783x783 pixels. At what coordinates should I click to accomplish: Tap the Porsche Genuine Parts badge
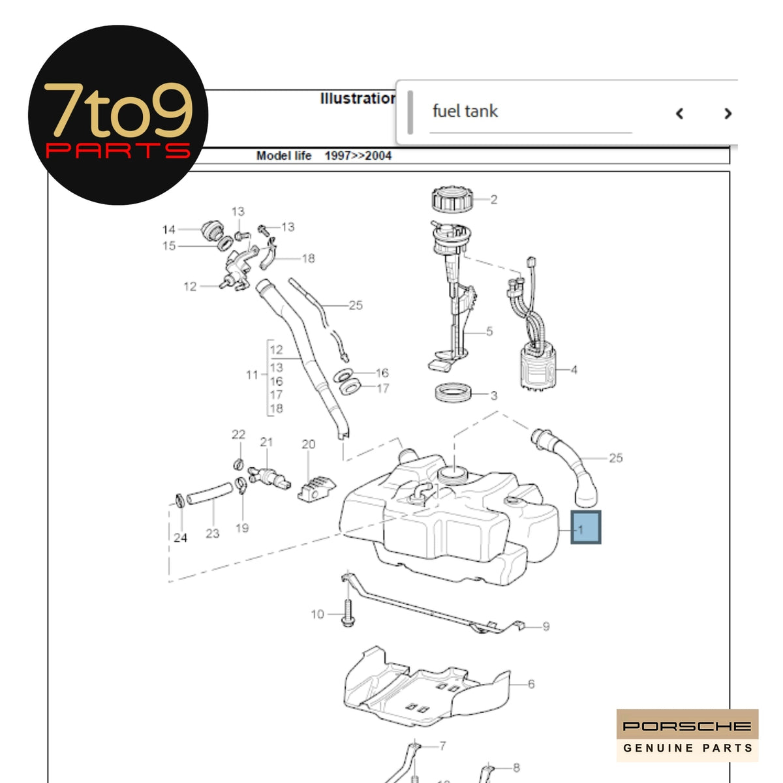pos(687,735)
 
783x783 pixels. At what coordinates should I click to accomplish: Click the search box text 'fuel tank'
pos(465,112)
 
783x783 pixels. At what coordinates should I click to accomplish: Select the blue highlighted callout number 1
pos(585,528)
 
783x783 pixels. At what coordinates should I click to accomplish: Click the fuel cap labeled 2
pos(451,199)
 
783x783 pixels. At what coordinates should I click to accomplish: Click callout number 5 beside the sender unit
pos(489,331)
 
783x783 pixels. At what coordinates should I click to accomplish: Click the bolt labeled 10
pos(347,613)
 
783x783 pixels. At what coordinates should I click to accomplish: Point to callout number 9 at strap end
pos(545,626)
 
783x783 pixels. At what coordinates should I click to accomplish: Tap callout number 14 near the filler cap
pos(169,230)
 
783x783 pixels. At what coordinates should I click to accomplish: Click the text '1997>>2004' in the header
pos(358,156)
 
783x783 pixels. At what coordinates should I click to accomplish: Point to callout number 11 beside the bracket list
pos(252,375)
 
